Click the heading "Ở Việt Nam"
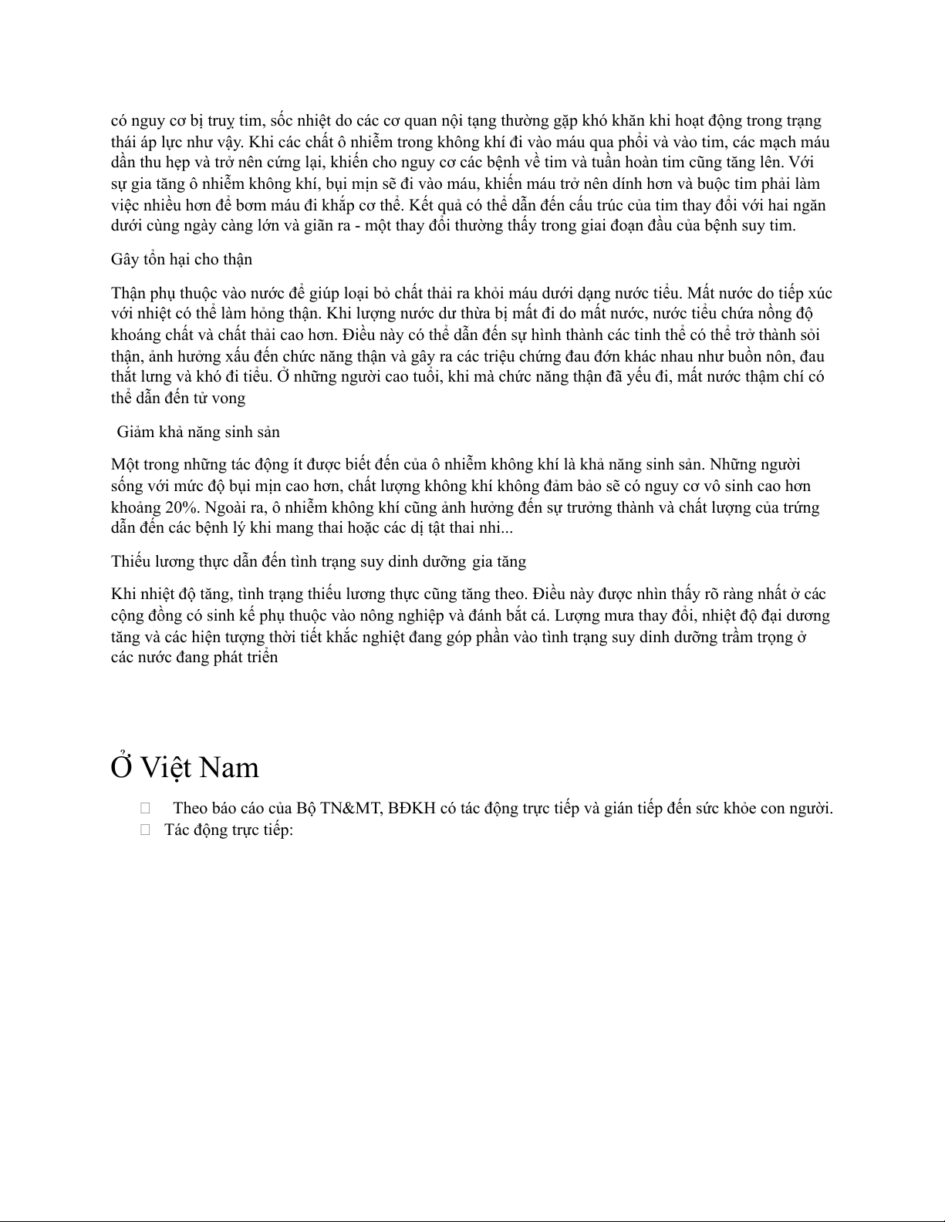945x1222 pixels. (185, 767)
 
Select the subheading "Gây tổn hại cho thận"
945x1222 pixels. (181, 259)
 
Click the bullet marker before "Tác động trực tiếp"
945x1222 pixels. (145, 830)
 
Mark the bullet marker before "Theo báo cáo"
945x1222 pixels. (145, 809)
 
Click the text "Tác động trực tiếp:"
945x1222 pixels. (229, 830)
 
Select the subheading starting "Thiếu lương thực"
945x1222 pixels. (319, 561)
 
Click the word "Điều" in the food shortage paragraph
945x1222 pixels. (550, 594)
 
